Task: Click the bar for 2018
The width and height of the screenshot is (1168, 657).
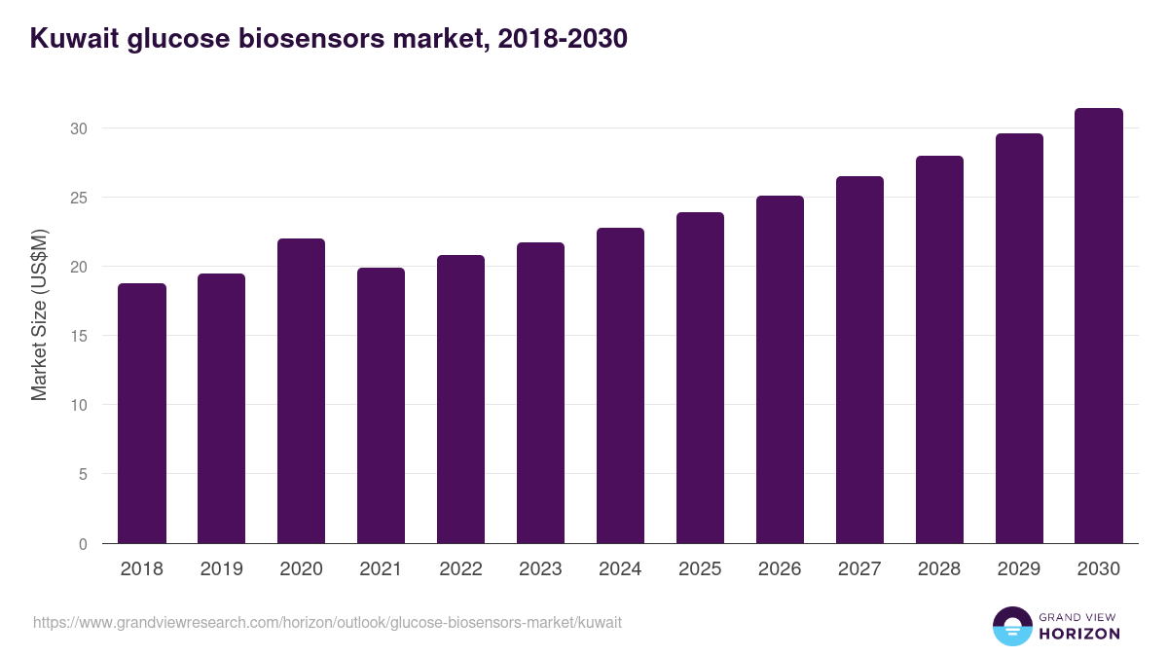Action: [x=142, y=414]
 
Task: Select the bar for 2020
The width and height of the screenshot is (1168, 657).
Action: [x=302, y=391]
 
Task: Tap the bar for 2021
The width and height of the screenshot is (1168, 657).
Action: [x=382, y=406]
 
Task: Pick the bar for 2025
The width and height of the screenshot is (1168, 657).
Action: [x=701, y=378]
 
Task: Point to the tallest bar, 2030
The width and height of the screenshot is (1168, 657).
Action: [x=1099, y=326]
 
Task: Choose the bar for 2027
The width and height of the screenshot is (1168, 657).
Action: [x=859, y=360]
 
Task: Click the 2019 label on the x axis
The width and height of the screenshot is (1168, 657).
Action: [x=222, y=569]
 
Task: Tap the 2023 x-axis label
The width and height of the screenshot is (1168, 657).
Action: [x=541, y=569]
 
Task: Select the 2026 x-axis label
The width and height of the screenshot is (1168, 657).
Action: [x=781, y=569]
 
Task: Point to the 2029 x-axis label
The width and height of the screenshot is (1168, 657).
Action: [x=1019, y=569]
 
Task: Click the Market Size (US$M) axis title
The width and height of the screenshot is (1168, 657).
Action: [x=39, y=316]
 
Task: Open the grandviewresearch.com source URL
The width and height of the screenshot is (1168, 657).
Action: [x=327, y=622]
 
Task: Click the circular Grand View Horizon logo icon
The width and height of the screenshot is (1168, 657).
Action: [x=1012, y=626]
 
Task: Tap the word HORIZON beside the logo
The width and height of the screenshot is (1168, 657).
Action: [x=1078, y=634]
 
